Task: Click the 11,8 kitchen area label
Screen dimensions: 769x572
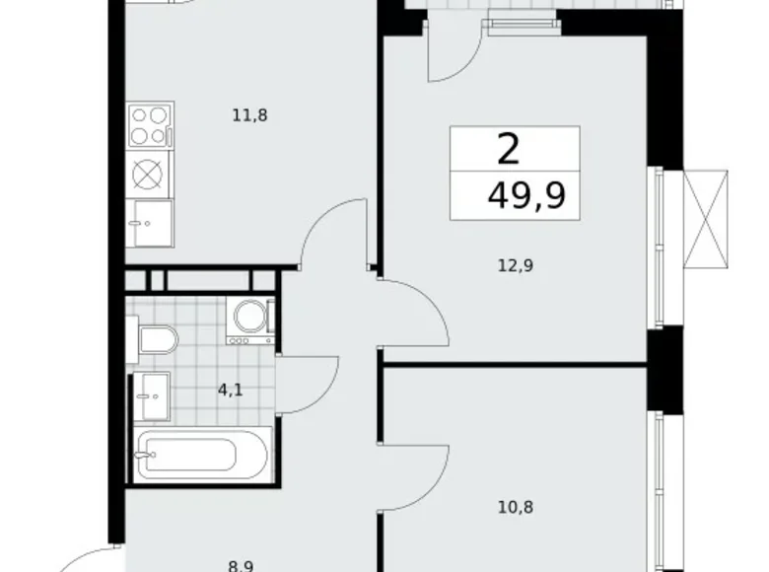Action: click(249, 115)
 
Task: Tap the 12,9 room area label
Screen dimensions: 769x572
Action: click(516, 266)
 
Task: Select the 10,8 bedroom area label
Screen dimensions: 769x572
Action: click(516, 507)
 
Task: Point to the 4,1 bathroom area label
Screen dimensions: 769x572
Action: click(230, 391)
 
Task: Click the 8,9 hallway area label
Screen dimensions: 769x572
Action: click(241, 567)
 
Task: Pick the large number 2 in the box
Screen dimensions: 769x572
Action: click(508, 150)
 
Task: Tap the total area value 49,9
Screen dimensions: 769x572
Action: click(526, 195)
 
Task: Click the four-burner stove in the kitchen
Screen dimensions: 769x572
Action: click(150, 125)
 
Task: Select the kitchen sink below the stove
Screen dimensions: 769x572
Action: click(150, 223)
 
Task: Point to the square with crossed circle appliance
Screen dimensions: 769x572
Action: click(148, 175)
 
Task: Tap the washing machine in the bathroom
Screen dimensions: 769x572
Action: click(250, 320)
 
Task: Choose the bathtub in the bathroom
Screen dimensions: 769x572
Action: click(202, 455)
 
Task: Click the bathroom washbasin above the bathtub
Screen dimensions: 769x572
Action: click(151, 396)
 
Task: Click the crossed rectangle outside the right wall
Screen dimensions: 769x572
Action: click(706, 219)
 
